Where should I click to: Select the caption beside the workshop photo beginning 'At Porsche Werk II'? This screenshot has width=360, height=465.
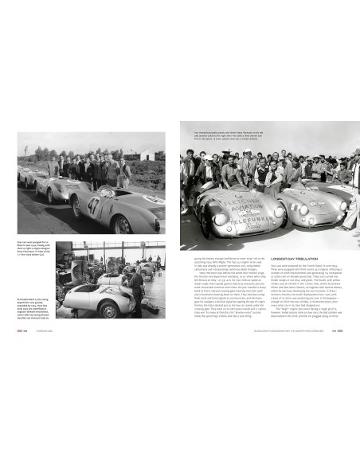pyautogui.click(x=33, y=283)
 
